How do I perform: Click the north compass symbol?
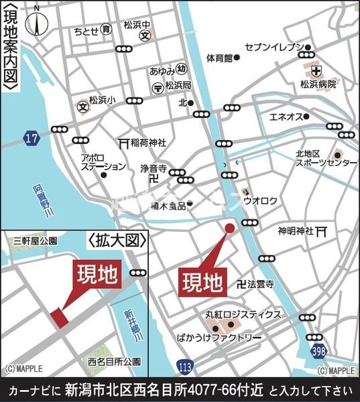pyautogui.click(x=34, y=21)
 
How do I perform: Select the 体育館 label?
pyautogui.click(x=219, y=58)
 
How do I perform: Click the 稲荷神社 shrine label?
pyautogui.click(x=148, y=143)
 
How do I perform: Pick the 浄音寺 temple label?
pyautogui.click(x=153, y=169)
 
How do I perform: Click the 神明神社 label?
pyautogui.click(x=296, y=231)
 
